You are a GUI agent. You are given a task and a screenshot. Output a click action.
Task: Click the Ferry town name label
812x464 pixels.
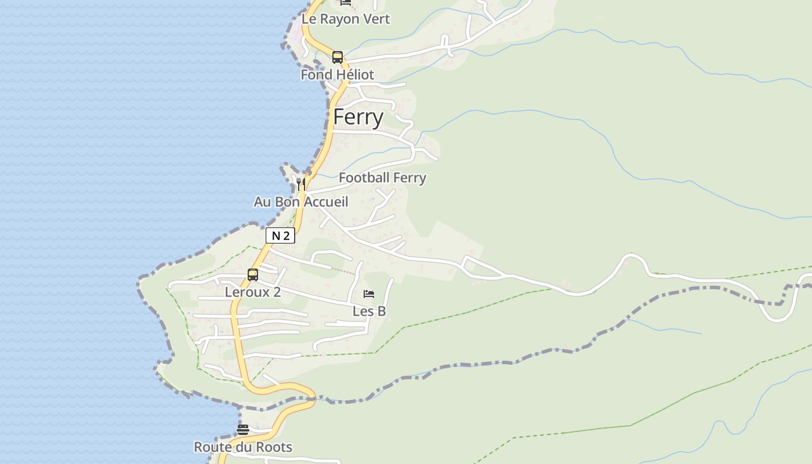point(358,118)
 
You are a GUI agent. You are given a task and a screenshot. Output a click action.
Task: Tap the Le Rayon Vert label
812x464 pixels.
point(346,19)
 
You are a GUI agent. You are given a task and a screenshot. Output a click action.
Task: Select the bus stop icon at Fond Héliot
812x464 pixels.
point(338,57)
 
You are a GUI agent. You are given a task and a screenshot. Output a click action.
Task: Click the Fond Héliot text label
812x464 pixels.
point(337,75)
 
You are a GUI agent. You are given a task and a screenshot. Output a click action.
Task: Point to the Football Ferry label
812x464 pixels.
point(382,178)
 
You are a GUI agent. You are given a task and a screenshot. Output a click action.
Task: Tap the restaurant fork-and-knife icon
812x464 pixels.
point(300,184)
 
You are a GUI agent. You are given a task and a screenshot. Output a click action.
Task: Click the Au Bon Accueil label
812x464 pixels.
point(301,202)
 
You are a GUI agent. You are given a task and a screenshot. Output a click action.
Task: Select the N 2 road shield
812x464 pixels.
point(280,235)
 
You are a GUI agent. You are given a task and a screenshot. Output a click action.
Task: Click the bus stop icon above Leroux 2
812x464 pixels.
point(253,275)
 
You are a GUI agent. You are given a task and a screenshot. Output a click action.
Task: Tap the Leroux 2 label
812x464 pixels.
point(253,292)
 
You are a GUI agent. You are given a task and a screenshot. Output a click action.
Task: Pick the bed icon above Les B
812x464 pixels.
point(369,294)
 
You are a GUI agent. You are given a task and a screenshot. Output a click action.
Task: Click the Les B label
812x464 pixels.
point(369,311)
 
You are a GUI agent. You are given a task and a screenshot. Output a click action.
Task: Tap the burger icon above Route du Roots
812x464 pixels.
point(243,430)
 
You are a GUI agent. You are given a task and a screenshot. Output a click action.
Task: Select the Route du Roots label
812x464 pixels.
point(243,448)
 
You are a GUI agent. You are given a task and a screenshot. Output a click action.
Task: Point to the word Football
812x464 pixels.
point(364,178)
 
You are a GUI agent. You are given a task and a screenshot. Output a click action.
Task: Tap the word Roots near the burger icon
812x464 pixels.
point(274,448)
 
